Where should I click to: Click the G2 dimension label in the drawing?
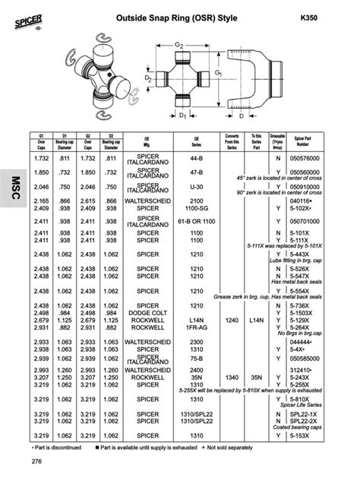point(179,47)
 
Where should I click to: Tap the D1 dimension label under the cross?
point(182,115)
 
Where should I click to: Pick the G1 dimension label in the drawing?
point(217,74)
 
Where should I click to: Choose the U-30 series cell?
point(196,185)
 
